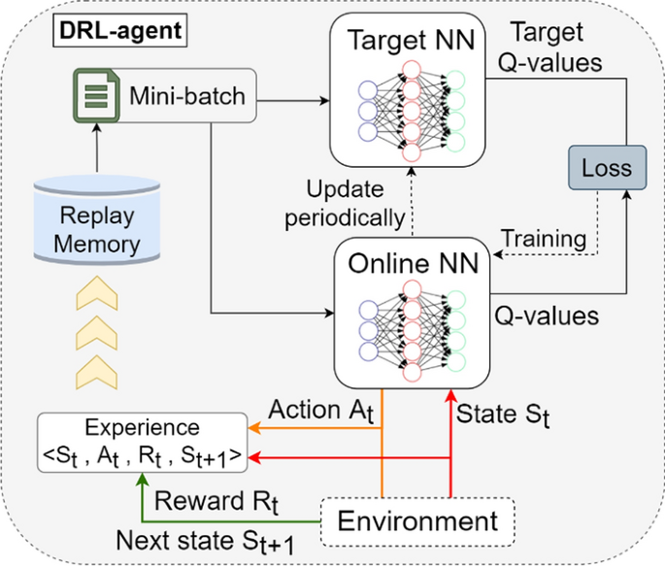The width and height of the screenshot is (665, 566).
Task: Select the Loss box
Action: pos(605,168)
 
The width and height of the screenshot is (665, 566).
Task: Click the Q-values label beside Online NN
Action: pos(544,315)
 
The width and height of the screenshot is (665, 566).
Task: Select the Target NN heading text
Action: pos(409,40)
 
